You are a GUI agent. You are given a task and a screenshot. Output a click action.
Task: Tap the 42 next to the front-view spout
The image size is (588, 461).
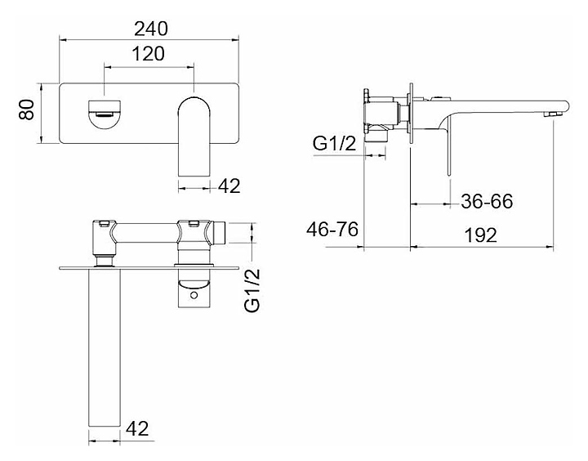tap(229, 186)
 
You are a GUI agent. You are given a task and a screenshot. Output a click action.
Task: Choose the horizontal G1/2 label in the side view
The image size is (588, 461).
tap(334, 145)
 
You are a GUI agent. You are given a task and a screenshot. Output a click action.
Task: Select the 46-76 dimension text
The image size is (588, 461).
tap(332, 230)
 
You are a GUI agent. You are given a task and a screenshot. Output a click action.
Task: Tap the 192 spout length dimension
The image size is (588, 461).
tap(481, 235)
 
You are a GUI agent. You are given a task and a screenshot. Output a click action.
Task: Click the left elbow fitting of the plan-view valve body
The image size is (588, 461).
tap(104, 239)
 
